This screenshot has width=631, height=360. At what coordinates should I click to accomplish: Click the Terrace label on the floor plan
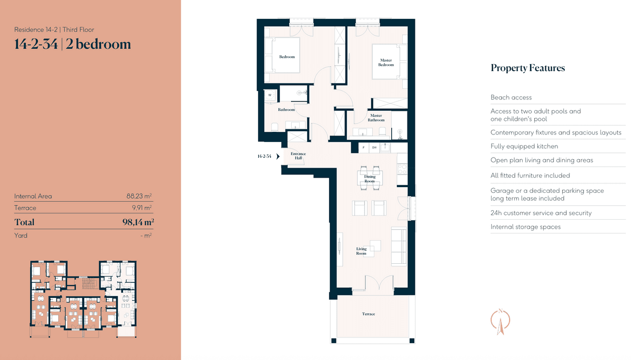point(369,314)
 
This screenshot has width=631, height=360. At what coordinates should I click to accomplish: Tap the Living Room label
point(361,251)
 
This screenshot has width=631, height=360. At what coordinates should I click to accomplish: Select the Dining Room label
point(370,179)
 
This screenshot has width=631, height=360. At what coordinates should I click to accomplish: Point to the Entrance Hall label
point(298,156)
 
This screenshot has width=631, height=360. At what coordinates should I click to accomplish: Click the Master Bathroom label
point(376,118)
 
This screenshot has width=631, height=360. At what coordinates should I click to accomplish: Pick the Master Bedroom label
point(386,63)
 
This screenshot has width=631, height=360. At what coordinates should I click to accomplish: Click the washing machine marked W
point(270,95)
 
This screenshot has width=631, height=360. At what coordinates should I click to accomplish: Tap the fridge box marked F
point(363,148)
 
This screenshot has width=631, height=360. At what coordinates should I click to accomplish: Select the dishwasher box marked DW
point(374,148)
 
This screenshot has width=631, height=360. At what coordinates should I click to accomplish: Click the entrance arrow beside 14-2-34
point(278,156)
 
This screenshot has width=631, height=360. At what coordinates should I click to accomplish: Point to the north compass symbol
point(500,322)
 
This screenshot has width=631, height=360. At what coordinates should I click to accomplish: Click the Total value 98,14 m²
point(138,222)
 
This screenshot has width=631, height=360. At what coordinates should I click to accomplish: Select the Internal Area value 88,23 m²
point(139,196)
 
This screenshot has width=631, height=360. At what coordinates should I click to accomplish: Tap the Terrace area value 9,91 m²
point(141,208)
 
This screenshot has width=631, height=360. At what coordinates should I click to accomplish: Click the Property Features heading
point(528,68)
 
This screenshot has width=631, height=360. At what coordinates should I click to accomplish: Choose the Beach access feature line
point(511,97)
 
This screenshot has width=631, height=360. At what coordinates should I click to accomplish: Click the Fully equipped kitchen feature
point(524,146)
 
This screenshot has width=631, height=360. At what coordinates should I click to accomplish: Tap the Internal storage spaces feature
point(525,227)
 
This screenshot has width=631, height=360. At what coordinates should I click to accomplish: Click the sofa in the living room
point(399,246)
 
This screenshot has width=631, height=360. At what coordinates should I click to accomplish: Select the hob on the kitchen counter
point(402,169)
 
